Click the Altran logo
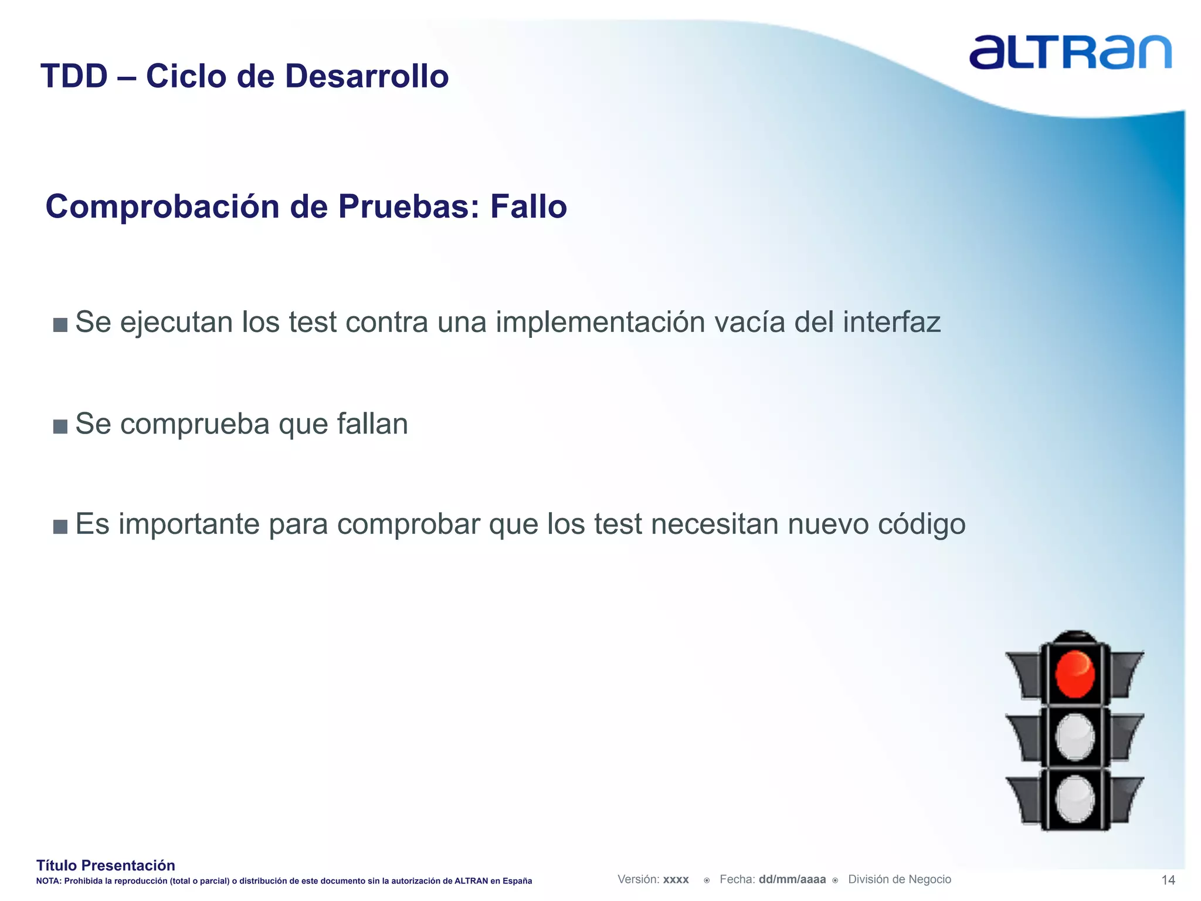pos(1070,52)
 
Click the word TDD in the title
pos(74,76)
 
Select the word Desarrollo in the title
pos(367,76)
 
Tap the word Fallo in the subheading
pos(528,206)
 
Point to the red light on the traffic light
pos(1074,674)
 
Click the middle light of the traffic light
pos(1074,737)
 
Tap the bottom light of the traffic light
pos(1074,799)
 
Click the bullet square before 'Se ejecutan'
pos(60,324)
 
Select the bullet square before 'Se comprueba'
pos(60,426)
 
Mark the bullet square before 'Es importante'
pos(60,526)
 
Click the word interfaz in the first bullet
pos(891,322)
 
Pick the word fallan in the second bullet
pos(372,424)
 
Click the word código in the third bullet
pos(921,524)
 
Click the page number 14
pos(1168,880)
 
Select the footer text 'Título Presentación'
pos(106,865)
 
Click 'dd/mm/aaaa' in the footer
pos(792,879)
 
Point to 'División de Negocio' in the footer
pos(900,879)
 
